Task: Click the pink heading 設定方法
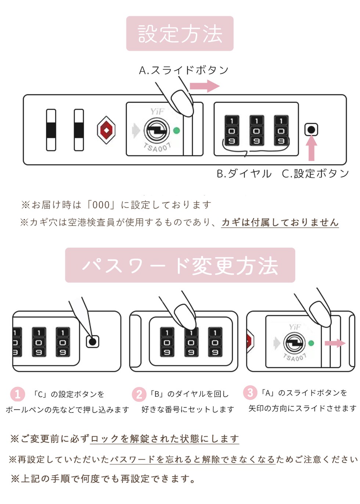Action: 180,33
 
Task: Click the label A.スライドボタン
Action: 184,70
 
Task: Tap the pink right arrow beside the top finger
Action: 204,86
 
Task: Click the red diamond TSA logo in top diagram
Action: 106,130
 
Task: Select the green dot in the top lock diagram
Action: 177,130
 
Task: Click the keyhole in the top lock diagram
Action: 157,130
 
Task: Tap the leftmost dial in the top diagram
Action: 231,131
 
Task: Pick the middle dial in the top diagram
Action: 256,131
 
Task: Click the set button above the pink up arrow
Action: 311,130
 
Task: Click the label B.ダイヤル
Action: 244,173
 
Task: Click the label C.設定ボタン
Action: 315,173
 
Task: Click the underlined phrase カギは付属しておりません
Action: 280,222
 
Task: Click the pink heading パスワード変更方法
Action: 180,265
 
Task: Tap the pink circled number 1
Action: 17,394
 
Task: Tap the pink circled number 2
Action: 139,394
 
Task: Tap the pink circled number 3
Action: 250,393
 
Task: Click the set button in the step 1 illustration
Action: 93,342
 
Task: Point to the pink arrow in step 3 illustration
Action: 335,343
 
